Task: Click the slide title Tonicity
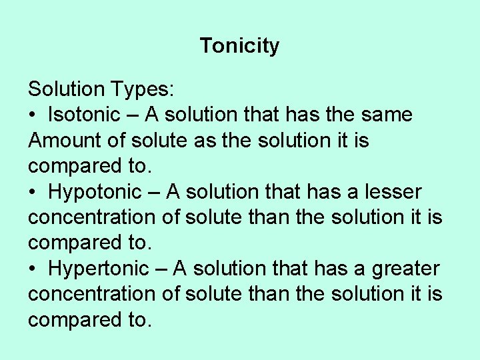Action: pos(239,46)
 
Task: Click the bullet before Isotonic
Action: pos(32,115)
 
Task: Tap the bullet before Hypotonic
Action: pos(32,193)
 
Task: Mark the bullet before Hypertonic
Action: pos(32,269)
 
